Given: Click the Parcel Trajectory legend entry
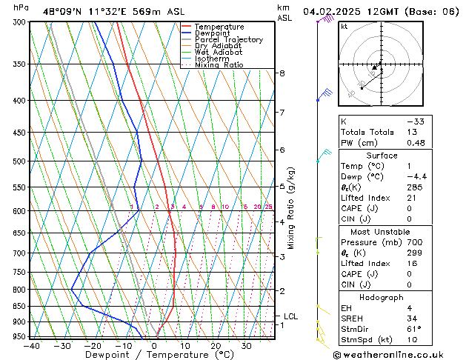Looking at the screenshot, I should point(228,39).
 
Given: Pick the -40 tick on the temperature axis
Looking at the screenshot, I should point(31,345).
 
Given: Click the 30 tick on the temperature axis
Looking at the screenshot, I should point(247,345).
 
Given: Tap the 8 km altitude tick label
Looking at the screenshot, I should point(282,73).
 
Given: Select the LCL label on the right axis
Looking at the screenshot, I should point(290,316).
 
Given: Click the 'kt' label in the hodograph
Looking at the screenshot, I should point(344,26).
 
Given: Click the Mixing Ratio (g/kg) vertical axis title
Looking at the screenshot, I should point(292,207).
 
